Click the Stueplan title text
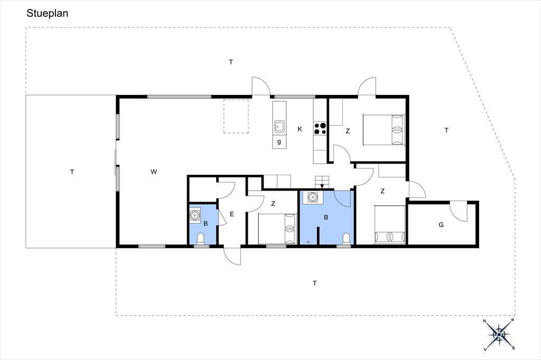pyautogui.click(x=47, y=13)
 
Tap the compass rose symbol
pyautogui.click(x=499, y=334)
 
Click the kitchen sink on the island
pyautogui.click(x=279, y=127)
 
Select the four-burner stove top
pyautogui.click(x=320, y=129)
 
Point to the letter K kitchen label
pyautogui.click(x=300, y=129)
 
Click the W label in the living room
pyautogui.click(x=154, y=172)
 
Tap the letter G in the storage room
pyautogui.click(x=441, y=225)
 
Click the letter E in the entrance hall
pyautogui.click(x=232, y=214)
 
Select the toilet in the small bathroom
pyautogui.click(x=200, y=239)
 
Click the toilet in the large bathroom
pyautogui.click(x=347, y=239)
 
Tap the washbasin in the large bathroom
pyautogui.click(x=313, y=197)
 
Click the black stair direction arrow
pyautogui.click(x=322, y=186)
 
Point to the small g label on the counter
pyautogui.click(x=279, y=141)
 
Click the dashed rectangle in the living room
pyautogui.click(x=236, y=116)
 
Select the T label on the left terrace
pyautogui.click(x=72, y=172)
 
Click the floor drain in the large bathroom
pyautogui.click(x=308, y=242)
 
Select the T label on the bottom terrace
pyautogui.click(x=315, y=283)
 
